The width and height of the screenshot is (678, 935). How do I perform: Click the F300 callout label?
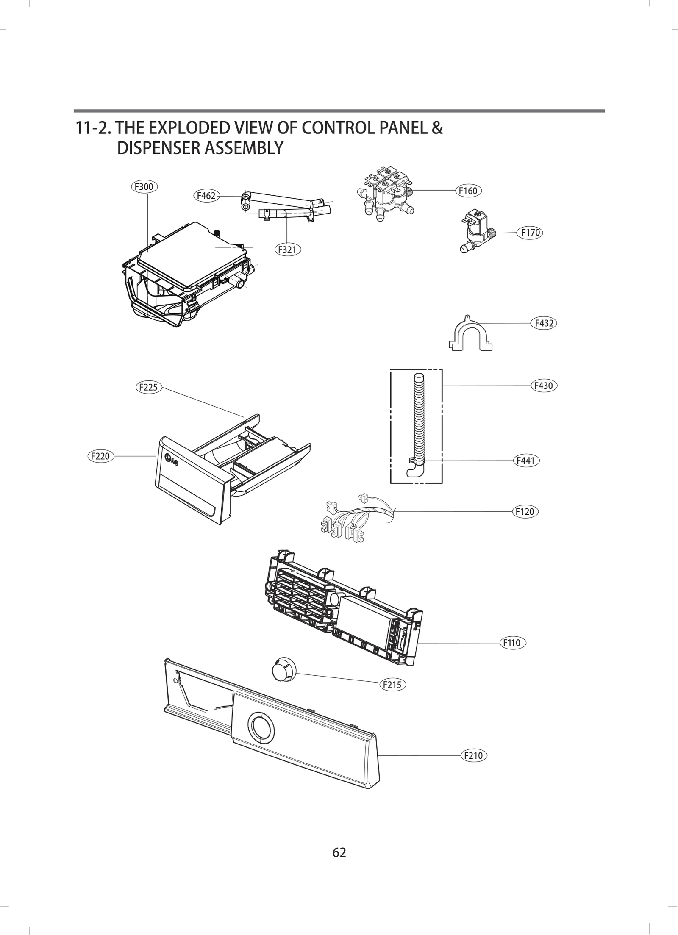144,186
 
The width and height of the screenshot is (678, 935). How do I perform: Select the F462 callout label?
206,196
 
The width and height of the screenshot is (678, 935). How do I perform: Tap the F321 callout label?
287,250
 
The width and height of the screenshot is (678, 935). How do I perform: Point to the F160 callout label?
468,191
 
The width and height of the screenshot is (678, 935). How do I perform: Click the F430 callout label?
544,386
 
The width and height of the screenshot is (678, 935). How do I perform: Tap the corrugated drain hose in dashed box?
418,419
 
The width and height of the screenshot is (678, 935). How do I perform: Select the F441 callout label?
526,461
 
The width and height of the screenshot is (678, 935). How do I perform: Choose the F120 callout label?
525,511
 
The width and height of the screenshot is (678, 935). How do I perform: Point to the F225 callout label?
148,387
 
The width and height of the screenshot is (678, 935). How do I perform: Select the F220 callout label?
100,456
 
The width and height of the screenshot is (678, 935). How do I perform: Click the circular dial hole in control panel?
261,727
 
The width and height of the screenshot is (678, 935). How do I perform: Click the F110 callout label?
512,643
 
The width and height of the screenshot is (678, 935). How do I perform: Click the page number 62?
339,852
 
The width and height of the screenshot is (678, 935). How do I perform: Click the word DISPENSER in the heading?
159,148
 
